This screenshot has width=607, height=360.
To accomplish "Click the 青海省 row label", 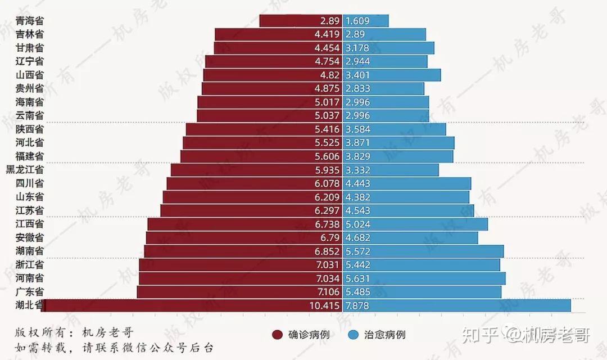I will point(30,21).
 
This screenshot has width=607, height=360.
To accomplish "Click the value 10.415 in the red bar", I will point(325,305).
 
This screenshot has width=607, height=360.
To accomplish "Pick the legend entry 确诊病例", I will point(301,335).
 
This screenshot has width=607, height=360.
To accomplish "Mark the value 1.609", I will point(358,21).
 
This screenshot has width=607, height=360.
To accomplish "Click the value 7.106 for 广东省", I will point(328,292).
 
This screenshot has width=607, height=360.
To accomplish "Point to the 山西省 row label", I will point(30,75).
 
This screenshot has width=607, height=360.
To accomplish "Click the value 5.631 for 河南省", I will point(358,278).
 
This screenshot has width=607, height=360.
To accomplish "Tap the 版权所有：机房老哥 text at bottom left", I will point(74,332).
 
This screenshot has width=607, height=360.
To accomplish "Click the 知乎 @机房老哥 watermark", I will point(525,336).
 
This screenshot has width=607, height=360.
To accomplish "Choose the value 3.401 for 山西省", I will point(358,75).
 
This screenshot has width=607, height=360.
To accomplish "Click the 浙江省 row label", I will point(30,264).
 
